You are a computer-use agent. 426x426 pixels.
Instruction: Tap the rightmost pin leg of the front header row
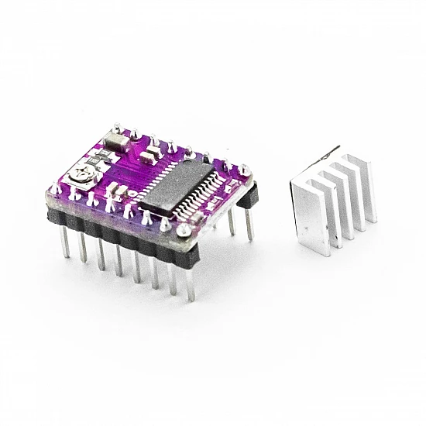(190, 284)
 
